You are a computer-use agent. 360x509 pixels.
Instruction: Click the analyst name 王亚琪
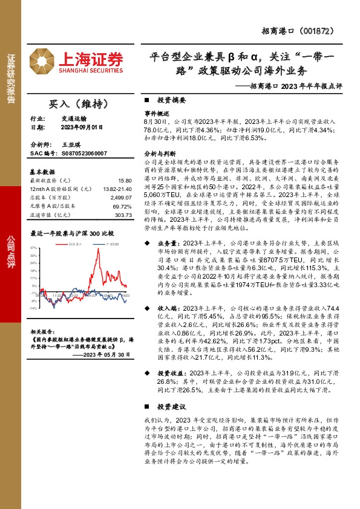point(71,146)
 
